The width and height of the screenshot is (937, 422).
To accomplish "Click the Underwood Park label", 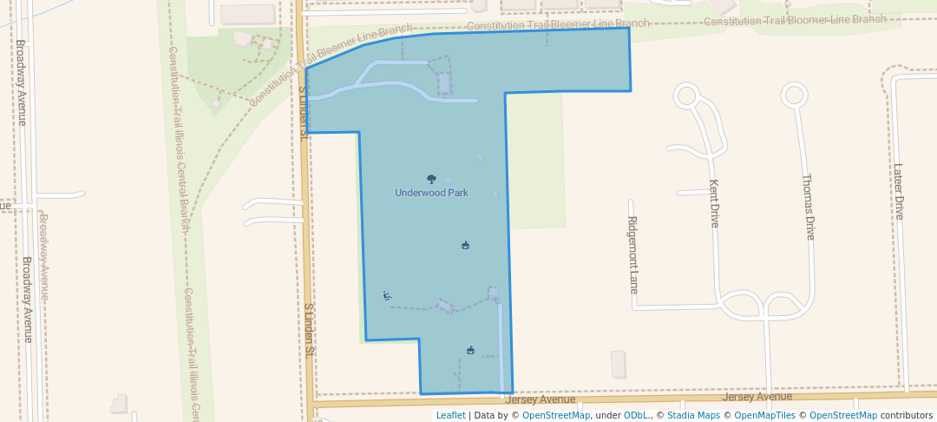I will point(431,193).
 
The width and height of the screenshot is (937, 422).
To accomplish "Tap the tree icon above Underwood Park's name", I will point(431,179).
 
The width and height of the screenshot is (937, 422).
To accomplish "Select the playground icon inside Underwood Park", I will point(387,296).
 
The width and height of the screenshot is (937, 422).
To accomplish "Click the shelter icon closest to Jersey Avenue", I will point(470,350).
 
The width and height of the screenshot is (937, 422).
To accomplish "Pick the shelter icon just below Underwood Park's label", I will point(465,245).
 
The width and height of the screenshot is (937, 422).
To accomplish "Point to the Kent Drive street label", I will point(714,203).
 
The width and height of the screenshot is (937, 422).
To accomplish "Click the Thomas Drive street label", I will point(809,207).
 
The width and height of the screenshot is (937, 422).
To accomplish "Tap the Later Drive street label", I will point(899,191).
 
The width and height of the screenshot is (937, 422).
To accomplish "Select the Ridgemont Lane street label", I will point(632,254).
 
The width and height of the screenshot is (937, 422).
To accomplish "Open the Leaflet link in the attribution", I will point(450,415).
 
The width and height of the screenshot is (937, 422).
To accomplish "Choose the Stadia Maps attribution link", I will point(692,415).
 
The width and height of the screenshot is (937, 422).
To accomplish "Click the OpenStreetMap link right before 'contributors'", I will point(843,415).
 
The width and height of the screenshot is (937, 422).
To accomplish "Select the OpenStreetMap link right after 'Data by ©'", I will point(556,415).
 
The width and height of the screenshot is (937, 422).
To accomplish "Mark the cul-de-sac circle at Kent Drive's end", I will point(686,94).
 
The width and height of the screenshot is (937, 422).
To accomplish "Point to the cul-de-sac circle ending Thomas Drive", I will point(794,94).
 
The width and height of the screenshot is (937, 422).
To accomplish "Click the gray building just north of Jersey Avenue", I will point(618,364).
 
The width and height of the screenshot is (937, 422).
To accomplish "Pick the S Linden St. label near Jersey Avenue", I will point(308,331).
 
